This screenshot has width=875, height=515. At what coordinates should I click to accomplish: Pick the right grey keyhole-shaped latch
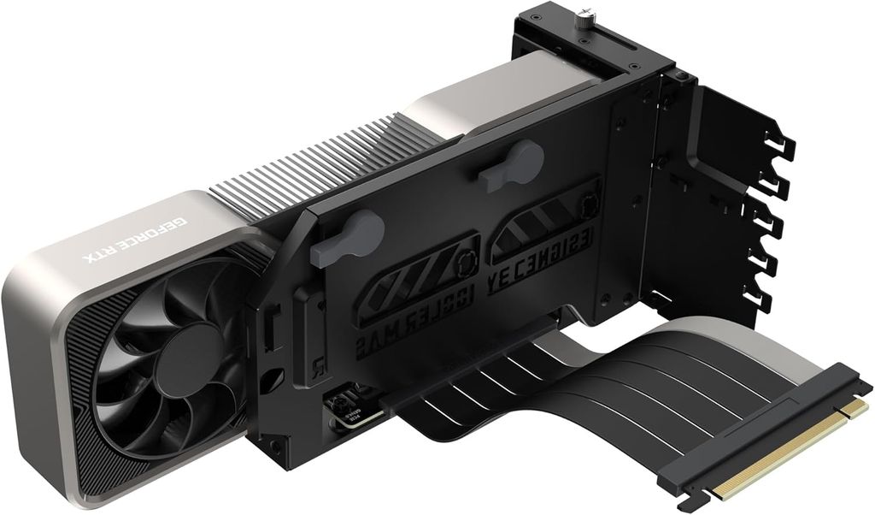coord(513,166)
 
